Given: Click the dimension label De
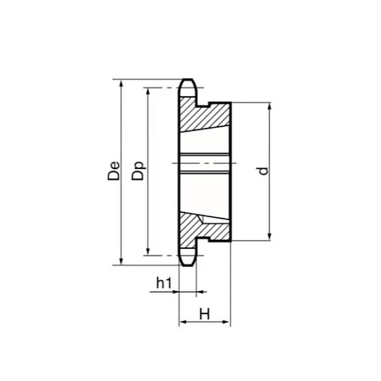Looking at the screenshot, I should tap(114, 171).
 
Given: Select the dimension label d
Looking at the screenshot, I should tap(263, 171).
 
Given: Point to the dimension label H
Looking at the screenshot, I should tap(205, 314).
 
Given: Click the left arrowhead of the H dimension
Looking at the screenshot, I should tap(183, 323).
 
